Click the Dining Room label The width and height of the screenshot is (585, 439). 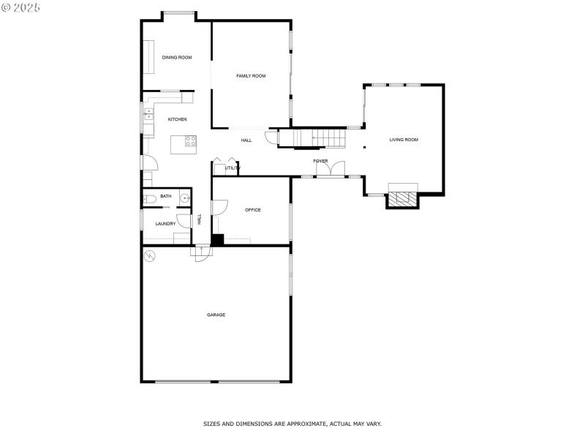tap(177, 57)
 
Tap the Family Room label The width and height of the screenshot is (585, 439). tap(251, 76)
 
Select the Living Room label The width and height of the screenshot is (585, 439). tap(404, 140)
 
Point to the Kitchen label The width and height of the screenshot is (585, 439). tap(178, 119)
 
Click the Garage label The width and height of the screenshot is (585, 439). tap(216, 315)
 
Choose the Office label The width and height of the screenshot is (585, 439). tap(253, 210)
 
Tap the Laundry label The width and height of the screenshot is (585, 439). tap(165, 224)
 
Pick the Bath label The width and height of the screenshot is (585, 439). tap(166, 196)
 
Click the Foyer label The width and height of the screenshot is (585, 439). tap(320, 161)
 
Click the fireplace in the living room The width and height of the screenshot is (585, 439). tap(403, 198)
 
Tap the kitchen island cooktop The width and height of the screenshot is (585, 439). tap(190, 141)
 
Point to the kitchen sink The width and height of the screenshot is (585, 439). tap(148, 114)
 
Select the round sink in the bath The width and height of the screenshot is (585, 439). tap(185, 198)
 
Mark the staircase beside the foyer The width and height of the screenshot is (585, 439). tap(312, 138)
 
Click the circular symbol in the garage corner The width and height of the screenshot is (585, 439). tap(150, 256)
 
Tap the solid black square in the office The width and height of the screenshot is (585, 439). tap(217, 239)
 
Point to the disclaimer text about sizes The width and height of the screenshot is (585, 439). tap(292, 424)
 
